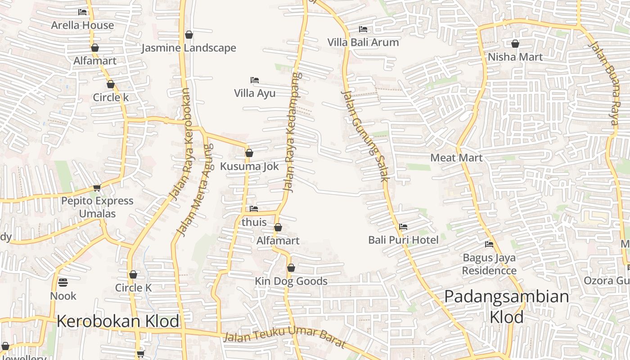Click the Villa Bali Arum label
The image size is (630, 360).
tap(363, 42)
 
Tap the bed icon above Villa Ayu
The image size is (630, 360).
tap(255, 80)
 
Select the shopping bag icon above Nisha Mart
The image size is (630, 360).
tap(515, 44)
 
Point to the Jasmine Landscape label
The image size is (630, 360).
tap(189, 48)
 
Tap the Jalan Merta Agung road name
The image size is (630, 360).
tap(194, 189)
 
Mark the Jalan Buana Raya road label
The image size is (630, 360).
tap(604, 83)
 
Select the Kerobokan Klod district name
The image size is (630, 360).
tap(118, 321)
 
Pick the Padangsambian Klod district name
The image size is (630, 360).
tap(507, 306)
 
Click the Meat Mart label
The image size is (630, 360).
tap(456, 157)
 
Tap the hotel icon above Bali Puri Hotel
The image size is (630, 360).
tap(403, 227)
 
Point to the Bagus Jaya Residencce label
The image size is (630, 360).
tap(489, 264)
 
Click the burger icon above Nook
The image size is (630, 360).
tap(63, 282)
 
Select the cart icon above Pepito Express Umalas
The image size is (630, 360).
tap(97, 188)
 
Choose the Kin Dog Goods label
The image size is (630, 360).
tap(291, 281)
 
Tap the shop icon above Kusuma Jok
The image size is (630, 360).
tap(249, 153)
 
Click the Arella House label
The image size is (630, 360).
tap(82, 25)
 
